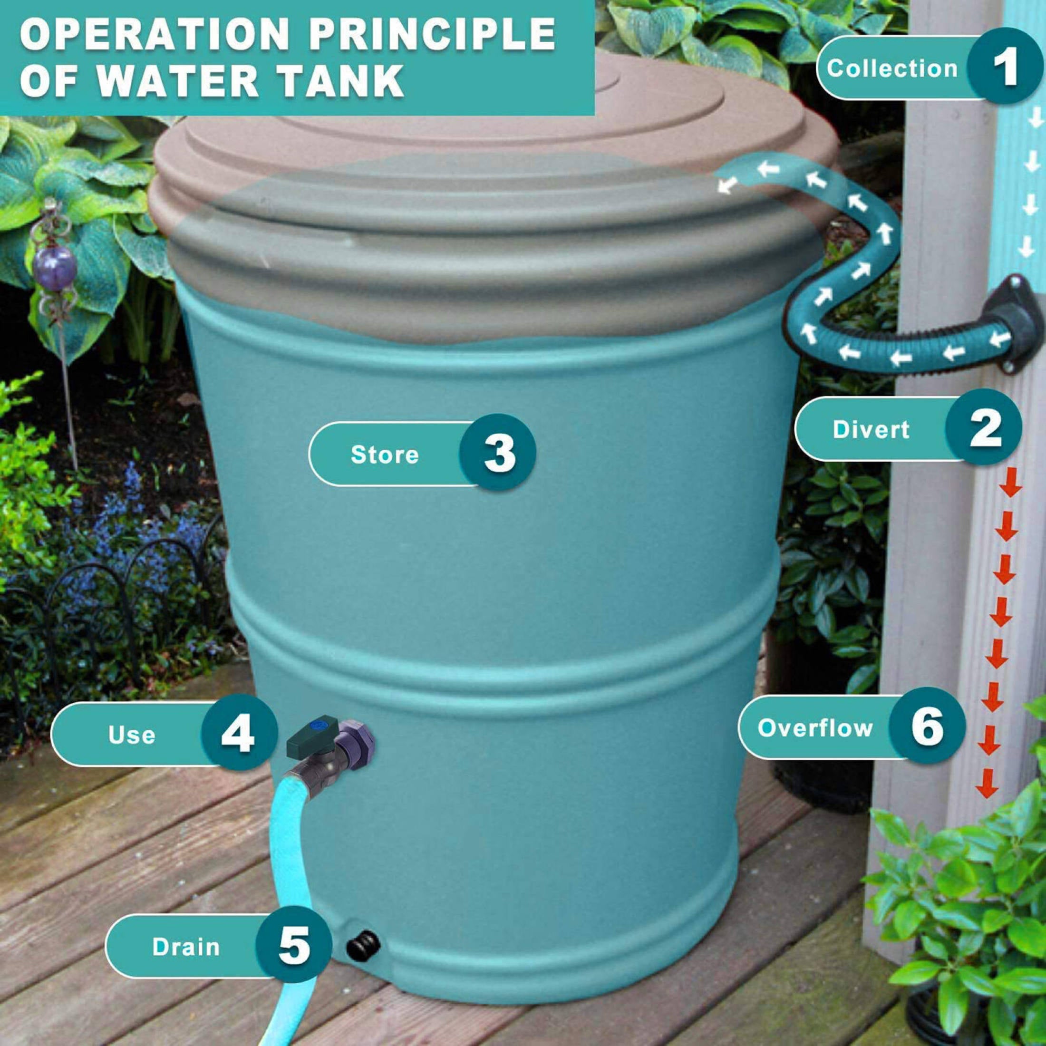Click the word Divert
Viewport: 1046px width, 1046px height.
(871, 429)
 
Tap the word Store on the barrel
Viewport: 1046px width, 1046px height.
(384, 454)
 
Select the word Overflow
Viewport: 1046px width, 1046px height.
(815, 727)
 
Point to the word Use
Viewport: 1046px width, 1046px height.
(132, 734)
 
